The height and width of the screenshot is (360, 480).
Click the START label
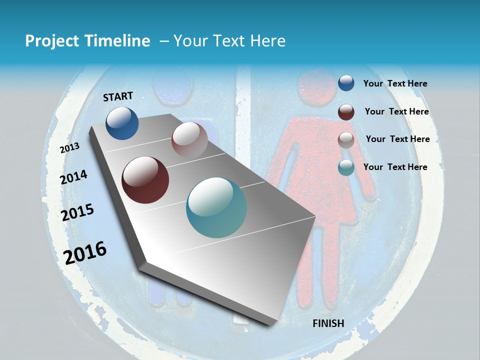point(118,96)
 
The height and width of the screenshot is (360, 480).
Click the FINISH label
point(328,323)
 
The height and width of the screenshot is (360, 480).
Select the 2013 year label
point(69,148)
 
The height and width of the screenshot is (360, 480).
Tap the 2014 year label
point(73,177)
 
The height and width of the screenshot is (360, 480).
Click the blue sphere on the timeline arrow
point(122,123)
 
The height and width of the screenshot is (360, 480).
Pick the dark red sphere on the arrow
point(145,180)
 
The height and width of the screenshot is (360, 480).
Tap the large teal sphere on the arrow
point(216,207)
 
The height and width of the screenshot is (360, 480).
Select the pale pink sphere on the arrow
point(189,140)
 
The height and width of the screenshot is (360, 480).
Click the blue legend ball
point(346,83)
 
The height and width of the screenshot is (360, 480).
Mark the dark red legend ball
point(346,111)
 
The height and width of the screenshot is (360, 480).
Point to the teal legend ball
point(346,167)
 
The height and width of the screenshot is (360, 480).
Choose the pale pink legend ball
point(346,139)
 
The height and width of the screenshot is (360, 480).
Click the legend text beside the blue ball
point(395,83)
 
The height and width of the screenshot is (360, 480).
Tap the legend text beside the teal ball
point(395,167)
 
